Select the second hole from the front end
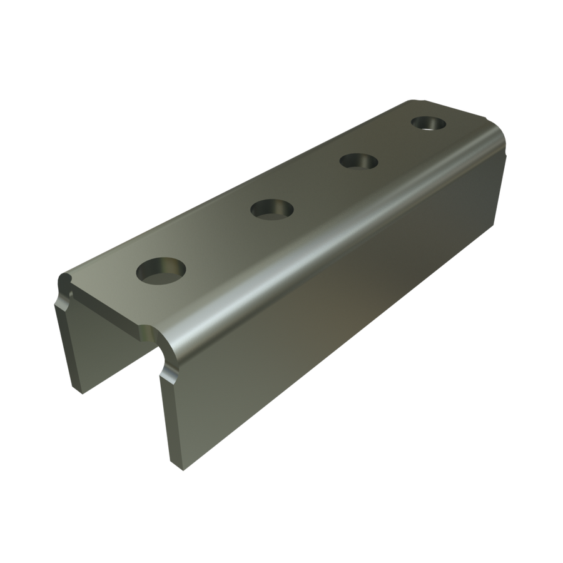click(272, 208)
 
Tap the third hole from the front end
click(359, 161)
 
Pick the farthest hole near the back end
click(429, 123)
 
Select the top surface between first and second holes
click(216, 241)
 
